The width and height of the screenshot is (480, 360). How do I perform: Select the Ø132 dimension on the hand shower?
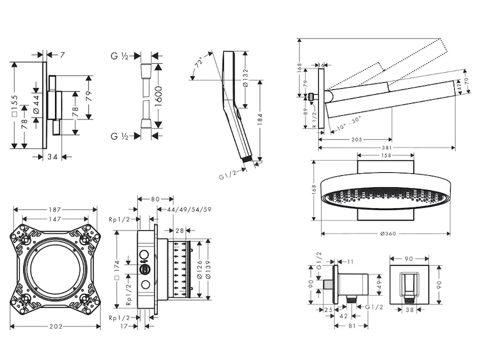pos(245,76)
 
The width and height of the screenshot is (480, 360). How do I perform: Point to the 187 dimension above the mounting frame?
pos(56,211)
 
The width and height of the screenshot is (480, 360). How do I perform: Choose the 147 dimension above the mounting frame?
pos(56,220)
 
